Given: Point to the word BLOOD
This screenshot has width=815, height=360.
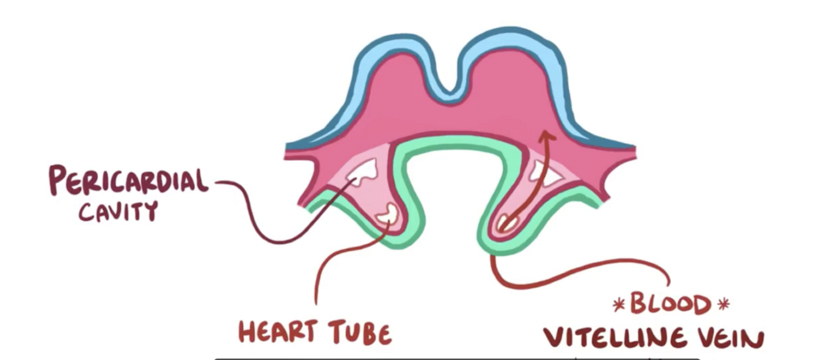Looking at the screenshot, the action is (x=671, y=304).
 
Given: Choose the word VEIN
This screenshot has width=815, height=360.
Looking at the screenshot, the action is (x=731, y=338).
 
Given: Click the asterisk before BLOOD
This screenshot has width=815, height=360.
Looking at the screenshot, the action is (x=619, y=304).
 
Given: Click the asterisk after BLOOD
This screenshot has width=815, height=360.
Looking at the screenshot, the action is (x=723, y=304).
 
